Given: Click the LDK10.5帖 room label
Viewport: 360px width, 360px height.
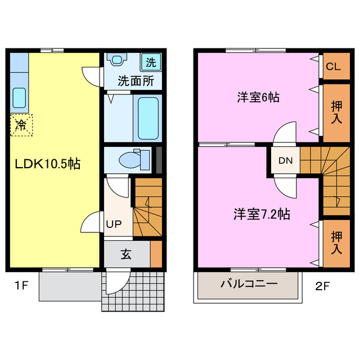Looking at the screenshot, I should tap(47, 164).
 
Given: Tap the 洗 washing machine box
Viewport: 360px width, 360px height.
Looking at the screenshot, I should tap(151, 61).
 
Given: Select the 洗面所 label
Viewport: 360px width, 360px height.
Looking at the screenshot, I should tap(135, 80).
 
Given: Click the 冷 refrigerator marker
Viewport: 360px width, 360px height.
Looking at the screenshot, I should tap(21, 125).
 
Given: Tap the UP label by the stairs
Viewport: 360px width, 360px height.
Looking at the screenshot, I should tap(114, 223).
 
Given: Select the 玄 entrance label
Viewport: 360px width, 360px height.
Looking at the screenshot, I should tap(125, 254).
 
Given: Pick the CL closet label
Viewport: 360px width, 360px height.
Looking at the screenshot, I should tap(333, 67).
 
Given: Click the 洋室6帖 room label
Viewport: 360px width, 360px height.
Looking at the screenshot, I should tap(257, 97).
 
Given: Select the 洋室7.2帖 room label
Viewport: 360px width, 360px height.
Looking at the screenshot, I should tap(262, 214).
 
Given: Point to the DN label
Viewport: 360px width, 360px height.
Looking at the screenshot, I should tap(285, 161).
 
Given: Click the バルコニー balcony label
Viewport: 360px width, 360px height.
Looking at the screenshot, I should tap(249, 283).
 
